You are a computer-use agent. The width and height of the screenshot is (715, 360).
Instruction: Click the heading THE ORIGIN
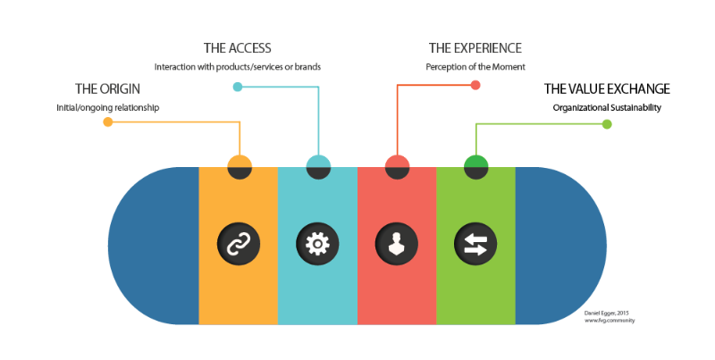tap(107, 89)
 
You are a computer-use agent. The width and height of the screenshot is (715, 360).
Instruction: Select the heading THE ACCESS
tap(237, 48)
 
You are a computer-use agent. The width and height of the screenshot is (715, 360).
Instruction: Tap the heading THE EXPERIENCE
tap(475, 48)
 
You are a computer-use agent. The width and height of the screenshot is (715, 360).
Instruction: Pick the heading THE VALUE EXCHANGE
tap(607, 89)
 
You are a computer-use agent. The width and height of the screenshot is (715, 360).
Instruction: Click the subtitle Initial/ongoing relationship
tap(107, 109)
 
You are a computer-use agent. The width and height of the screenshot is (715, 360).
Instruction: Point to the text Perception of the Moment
tap(475, 67)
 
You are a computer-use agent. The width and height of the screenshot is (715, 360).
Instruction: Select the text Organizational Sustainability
tap(607, 109)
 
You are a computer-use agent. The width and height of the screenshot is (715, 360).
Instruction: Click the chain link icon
tap(238, 243)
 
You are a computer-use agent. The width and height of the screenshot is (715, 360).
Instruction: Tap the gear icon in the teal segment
tap(317, 243)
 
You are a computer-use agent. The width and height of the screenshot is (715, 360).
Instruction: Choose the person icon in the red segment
tap(396, 243)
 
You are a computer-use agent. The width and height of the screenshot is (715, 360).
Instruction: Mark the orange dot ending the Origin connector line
tap(108, 122)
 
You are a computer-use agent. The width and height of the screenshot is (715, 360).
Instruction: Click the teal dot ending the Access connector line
tap(237, 87)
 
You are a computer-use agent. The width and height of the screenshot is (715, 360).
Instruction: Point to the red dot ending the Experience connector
tap(475, 86)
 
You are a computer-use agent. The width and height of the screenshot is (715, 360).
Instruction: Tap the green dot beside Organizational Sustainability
tap(607, 124)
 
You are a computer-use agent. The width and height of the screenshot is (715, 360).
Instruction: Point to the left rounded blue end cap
tap(152, 245)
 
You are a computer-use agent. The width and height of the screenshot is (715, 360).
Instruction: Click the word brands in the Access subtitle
tap(305, 67)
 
